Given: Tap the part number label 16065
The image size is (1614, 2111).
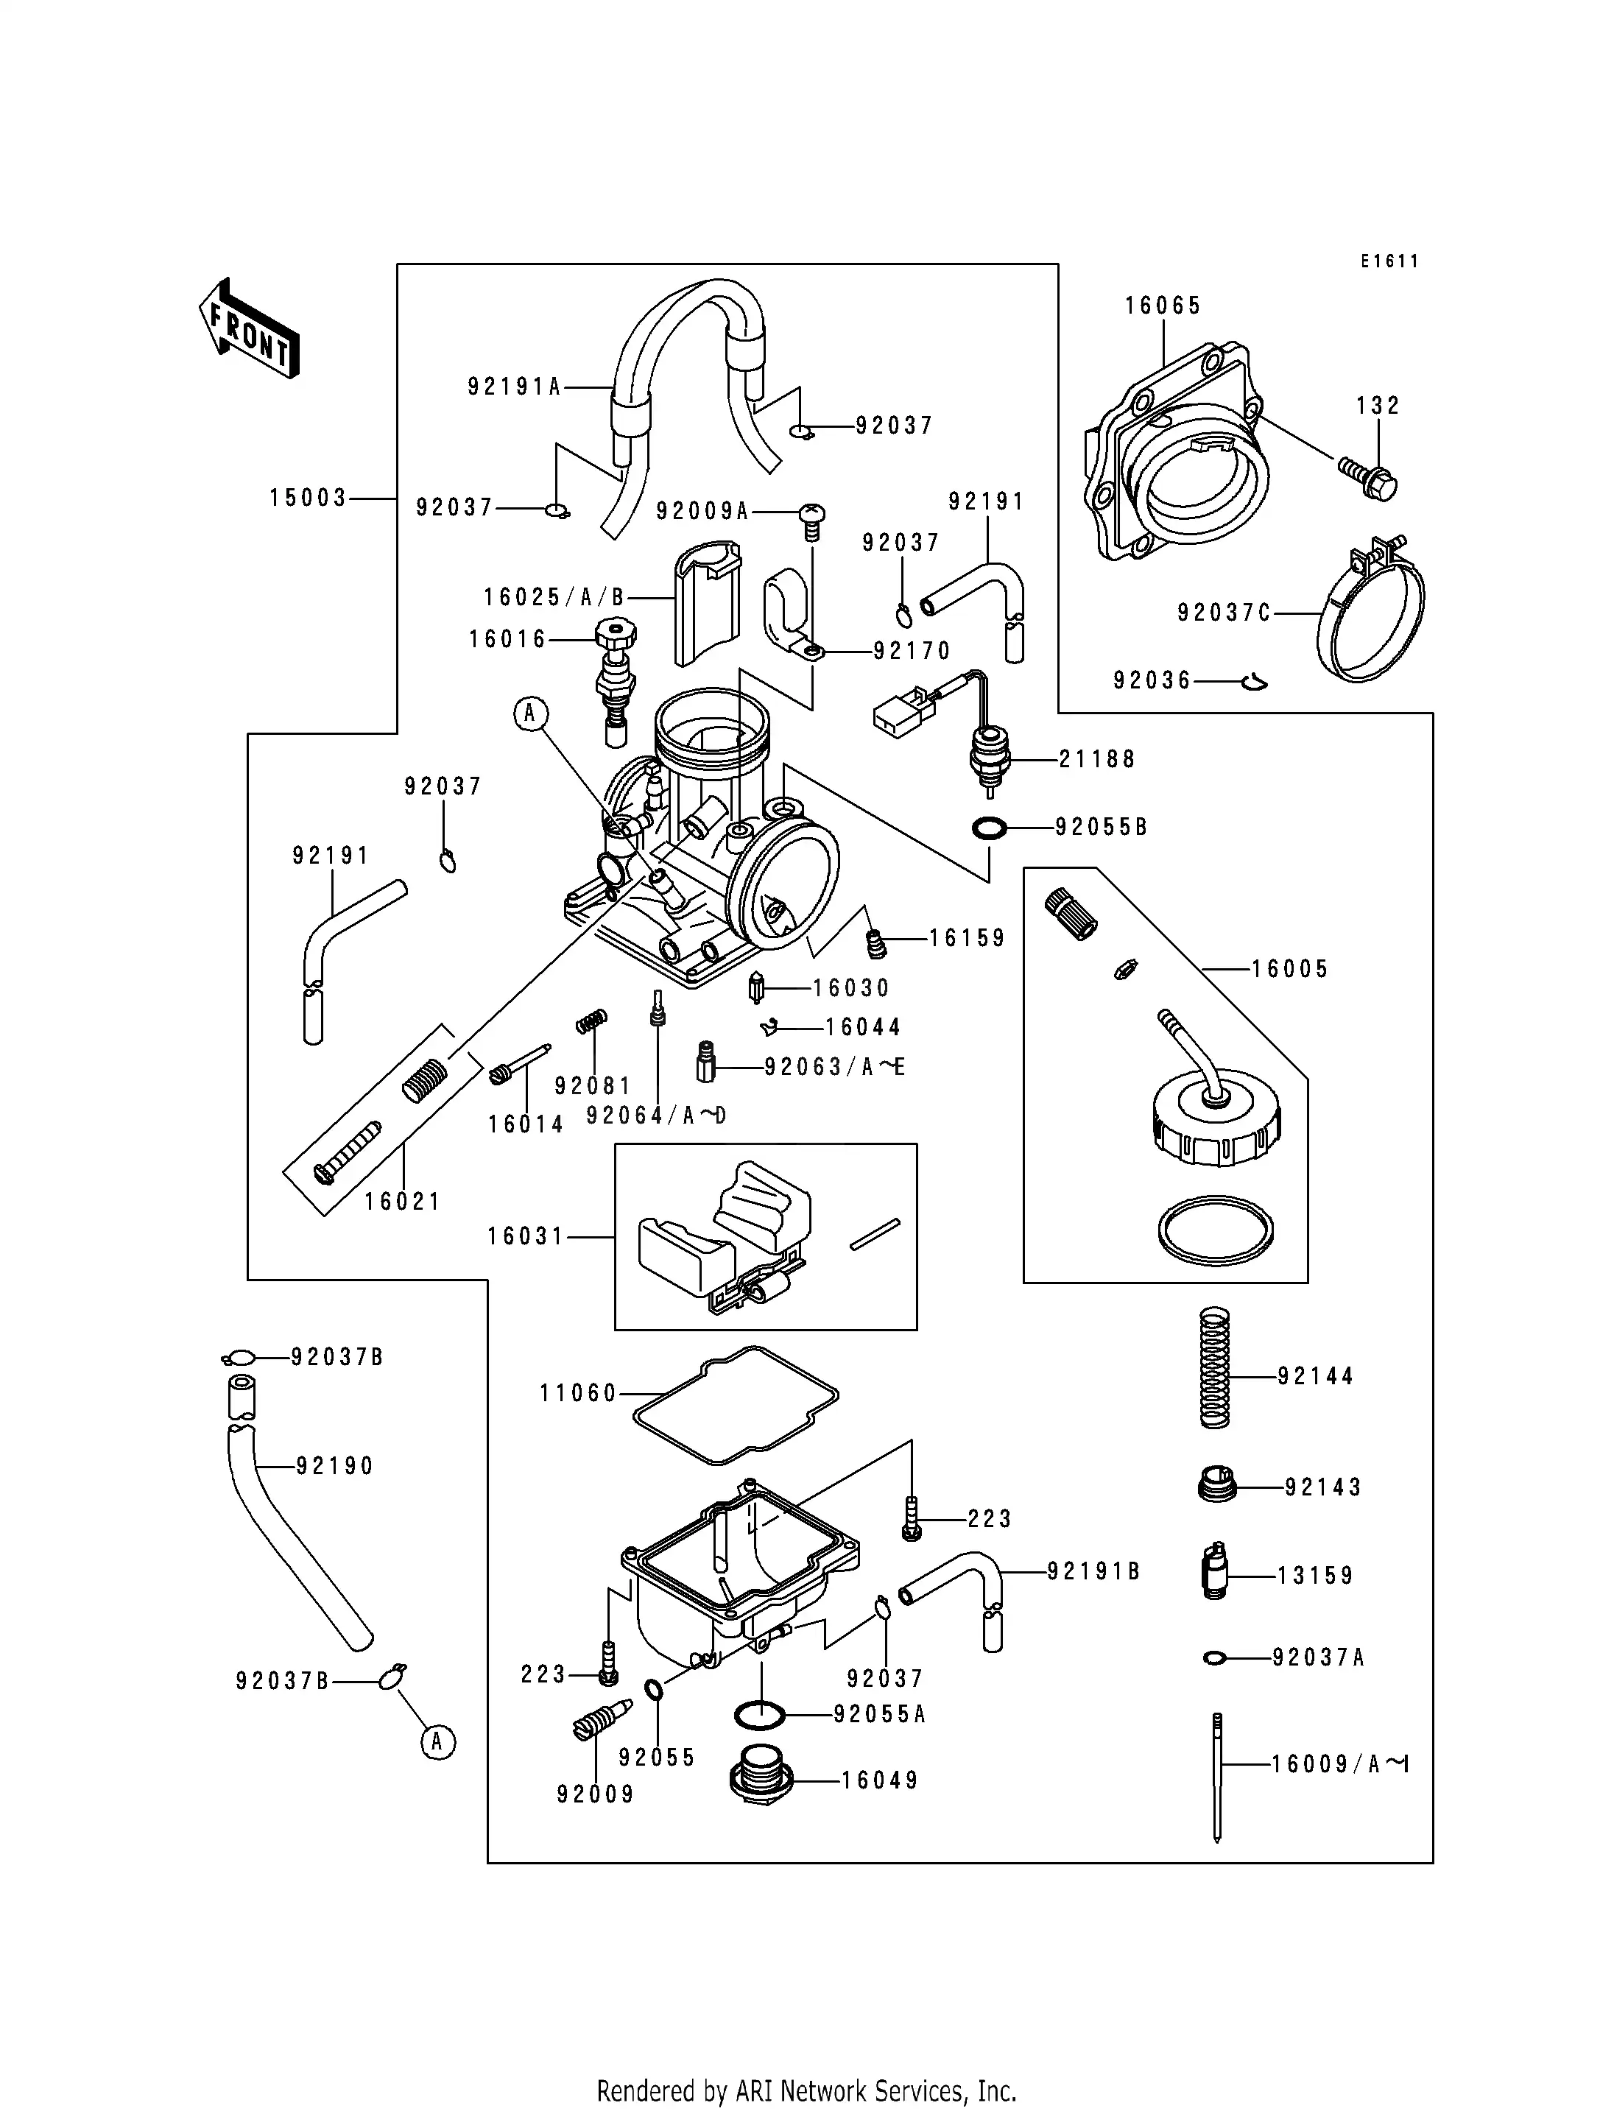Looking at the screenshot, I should point(1163,306).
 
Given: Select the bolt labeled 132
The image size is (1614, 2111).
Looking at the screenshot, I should point(1369,478).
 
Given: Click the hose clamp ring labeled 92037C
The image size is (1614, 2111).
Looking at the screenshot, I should point(1370,615).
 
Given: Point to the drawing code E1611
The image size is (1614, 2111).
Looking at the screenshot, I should point(1389,261).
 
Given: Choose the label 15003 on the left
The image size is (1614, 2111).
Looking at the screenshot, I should point(308,498).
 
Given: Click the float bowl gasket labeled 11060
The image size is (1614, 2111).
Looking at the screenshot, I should point(736,1404).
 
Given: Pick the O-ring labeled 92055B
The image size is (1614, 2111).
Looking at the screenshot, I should point(990,828).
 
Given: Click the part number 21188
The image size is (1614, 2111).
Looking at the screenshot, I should point(1096,759).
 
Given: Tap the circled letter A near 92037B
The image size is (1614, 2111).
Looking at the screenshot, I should point(437,1741).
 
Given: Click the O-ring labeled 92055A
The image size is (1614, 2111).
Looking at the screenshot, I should point(759,1714).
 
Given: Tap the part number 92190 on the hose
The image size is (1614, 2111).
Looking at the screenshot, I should point(334,1465).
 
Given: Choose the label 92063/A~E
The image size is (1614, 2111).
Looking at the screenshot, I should point(834,1067).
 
